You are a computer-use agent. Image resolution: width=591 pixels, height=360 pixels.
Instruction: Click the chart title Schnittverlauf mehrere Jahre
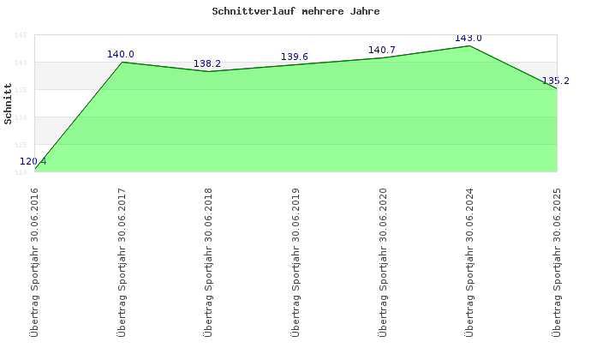[x=295, y=12]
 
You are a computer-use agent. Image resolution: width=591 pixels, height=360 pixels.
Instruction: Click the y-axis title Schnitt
[x=9, y=104]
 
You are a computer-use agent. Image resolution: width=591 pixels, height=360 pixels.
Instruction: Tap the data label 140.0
[x=121, y=54]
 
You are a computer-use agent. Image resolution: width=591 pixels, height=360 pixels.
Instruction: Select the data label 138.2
[x=207, y=63]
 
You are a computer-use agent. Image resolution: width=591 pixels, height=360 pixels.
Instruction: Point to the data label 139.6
[x=295, y=57]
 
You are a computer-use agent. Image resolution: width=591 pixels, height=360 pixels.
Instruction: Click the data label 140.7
[x=381, y=51]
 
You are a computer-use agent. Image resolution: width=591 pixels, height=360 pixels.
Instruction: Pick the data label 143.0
[x=469, y=39]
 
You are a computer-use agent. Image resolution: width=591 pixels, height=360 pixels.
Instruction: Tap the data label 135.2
[x=556, y=81]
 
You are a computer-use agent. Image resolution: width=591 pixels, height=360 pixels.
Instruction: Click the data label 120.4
[x=33, y=161]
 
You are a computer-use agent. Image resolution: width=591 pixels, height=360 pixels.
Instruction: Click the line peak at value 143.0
[x=469, y=45]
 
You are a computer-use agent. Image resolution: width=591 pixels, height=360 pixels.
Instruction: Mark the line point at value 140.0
[x=122, y=62]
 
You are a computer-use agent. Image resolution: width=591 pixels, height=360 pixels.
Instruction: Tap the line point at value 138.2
[x=208, y=71]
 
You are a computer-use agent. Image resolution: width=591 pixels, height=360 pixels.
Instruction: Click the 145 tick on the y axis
[x=21, y=35]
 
